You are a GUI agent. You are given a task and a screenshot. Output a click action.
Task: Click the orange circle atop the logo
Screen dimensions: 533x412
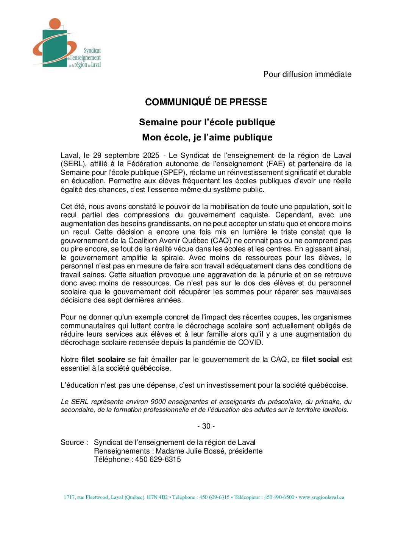pyautogui.click(x=55, y=23)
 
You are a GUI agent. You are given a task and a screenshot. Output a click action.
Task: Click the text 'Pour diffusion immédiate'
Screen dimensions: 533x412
pyautogui.click(x=307, y=74)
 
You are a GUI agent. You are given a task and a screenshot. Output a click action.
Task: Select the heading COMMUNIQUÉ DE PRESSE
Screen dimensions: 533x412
pyautogui.click(x=206, y=102)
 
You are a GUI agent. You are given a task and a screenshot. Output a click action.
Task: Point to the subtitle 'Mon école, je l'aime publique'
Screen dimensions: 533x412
pyautogui.click(x=207, y=137)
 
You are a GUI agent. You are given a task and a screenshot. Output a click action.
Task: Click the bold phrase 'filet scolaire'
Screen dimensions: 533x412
pyautogui.click(x=103, y=360)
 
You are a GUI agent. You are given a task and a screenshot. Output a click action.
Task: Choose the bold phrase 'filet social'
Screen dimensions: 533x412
pyautogui.click(x=320, y=360)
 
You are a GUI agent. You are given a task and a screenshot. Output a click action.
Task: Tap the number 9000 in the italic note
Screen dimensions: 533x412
pyautogui.click(x=158, y=402)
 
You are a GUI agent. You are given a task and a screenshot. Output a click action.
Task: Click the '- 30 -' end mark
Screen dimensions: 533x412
pyautogui.click(x=206, y=426)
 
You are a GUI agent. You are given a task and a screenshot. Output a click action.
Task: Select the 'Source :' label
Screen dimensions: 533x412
pyautogui.click(x=74, y=443)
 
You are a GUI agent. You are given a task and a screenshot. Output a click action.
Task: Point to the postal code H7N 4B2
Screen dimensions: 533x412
pyautogui.click(x=157, y=497)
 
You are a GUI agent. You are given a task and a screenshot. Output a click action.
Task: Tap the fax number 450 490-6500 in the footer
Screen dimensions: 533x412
pyautogui.click(x=279, y=497)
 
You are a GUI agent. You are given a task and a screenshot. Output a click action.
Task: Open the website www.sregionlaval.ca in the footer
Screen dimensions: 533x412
pyautogui.click(x=321, y=497)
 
